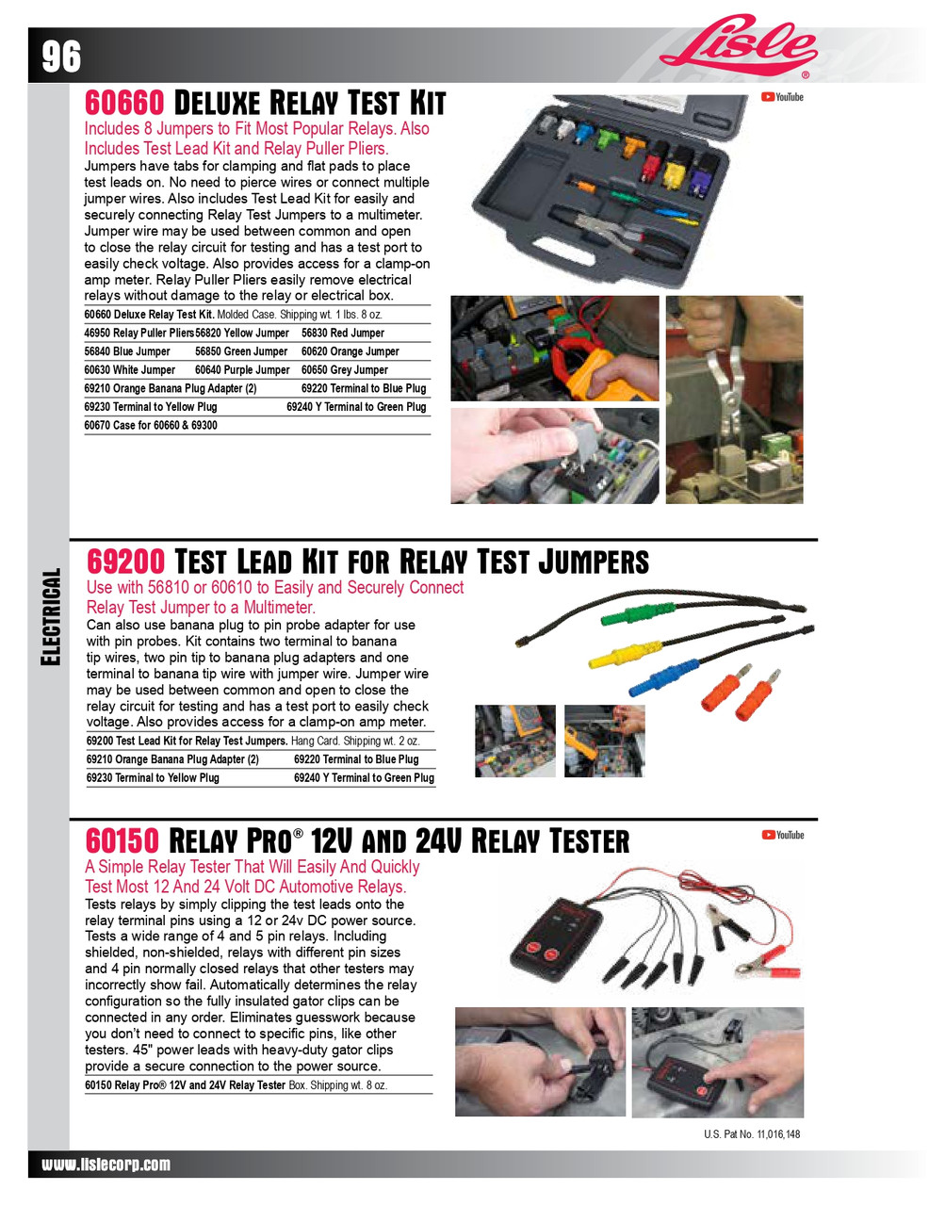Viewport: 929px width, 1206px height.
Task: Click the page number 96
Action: click(61, 57)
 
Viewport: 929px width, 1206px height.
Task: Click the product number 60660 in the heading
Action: click(124, 103)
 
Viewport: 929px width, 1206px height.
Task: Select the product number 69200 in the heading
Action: click(125, 562)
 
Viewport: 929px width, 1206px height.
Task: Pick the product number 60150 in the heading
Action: click(122, 840)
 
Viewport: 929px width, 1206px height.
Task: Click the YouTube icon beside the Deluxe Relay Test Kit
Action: click(782, 97)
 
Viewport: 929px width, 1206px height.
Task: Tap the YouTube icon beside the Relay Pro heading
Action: click(783, 835)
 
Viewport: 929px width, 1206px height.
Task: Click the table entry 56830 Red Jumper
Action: click(343, 333)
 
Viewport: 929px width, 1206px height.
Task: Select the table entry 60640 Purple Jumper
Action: click(242, 370)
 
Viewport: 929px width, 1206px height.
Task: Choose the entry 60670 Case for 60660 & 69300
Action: click(151, 425)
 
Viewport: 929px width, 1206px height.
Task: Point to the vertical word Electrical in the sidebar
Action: click(51, 617)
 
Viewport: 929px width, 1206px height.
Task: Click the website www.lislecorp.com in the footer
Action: click(106, 1165)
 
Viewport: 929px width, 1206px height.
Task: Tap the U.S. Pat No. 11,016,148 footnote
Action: click(752, 1134)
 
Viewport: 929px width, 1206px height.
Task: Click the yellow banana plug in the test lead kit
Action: click(622, 652)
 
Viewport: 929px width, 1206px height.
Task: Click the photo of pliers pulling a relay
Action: click(734, 399)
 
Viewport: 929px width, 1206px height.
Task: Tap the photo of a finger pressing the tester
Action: click(717, 1062)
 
